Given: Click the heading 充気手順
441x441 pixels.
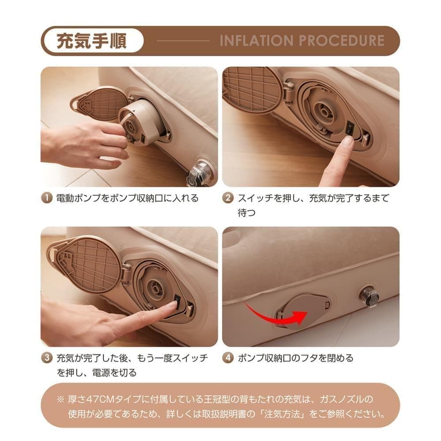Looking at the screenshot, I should coord(92,41).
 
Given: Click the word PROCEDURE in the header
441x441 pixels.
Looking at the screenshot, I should coord(342,41).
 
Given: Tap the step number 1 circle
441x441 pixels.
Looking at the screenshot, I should coord(47,198).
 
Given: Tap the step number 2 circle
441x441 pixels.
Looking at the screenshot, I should coord(228,198).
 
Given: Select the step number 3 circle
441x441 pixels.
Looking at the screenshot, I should coord(47,358).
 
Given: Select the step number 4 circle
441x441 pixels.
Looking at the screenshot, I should coord(228,358).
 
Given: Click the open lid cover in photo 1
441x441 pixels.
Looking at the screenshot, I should coord(100,104).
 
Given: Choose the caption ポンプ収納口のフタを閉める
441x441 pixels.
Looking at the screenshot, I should coord(295,358).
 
